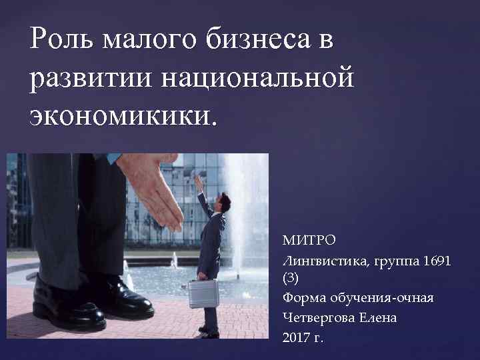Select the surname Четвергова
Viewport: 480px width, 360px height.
320,318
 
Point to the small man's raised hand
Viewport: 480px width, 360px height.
199,180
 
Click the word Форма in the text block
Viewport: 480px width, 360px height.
301,297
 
